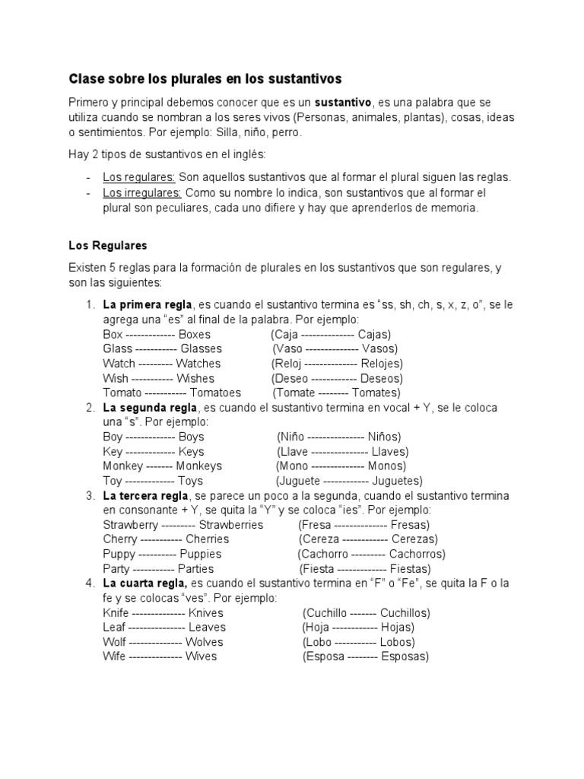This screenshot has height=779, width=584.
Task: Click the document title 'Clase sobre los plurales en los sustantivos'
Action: (205, 78)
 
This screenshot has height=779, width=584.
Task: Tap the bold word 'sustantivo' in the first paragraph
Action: (343, 103)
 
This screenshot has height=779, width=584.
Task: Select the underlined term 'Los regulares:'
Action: (139, 177)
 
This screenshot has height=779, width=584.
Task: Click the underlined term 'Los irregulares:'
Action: (142, 192)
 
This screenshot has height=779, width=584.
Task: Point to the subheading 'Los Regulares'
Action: (107, 246)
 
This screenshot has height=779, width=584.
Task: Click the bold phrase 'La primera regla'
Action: (149, 304)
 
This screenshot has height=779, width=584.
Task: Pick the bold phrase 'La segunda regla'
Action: (151, 408)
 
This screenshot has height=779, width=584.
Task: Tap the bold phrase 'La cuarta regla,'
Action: (145, 583)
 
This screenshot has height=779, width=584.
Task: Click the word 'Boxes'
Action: (195, 334)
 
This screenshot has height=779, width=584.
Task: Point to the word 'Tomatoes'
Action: (215, 393)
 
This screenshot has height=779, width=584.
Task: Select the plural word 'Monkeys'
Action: (199, 466)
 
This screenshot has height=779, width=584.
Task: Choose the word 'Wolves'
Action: (205, 642)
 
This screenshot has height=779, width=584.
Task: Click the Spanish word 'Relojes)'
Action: (382, 364)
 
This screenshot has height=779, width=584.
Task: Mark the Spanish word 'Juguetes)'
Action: (398, 481)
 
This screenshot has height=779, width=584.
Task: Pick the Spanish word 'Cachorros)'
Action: (417, 554)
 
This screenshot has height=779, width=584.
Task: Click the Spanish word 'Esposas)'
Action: (405, 657)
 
